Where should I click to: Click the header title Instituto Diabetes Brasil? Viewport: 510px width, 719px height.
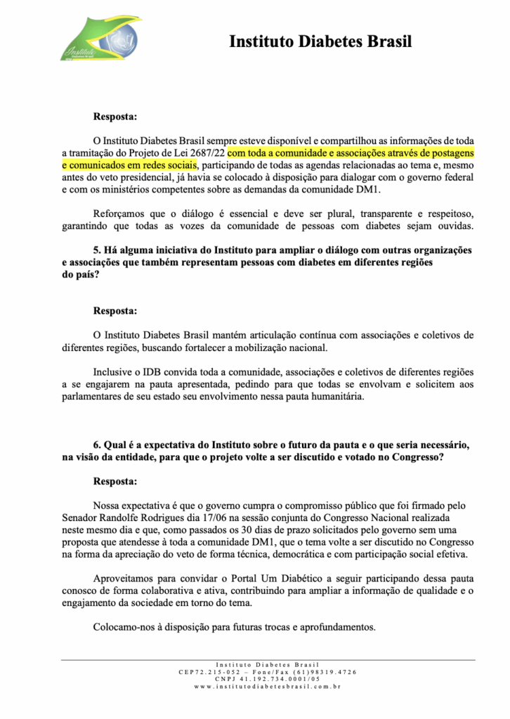point(320,41)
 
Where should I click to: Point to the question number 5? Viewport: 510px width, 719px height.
point(97,250)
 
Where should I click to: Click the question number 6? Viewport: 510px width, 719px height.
point(97,444)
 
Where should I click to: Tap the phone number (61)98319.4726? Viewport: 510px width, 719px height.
point(324,672)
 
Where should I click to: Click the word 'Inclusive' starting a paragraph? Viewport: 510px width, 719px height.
point(115,371)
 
